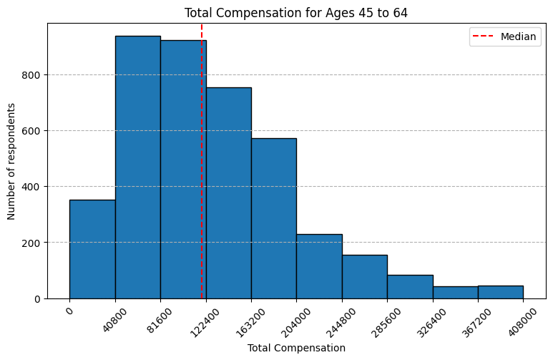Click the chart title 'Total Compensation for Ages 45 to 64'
coord(296,13)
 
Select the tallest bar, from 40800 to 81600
coord(138,167)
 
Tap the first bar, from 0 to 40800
coord(92,249)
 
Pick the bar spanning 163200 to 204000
coord(274,218)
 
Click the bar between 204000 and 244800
coord(319,266)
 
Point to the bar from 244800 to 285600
coord(365,277)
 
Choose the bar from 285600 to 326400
coord(410,286)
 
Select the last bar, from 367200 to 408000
coord(501,292)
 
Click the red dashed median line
coord(202,161)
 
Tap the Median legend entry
coord(504,37)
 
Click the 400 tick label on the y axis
coord(31,187)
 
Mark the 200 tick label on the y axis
coord(31,243)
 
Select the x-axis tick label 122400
coord(205,323)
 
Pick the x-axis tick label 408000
coord(522,323)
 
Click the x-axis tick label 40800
coord(115,321)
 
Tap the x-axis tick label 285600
coord(386,323)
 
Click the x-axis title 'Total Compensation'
coord(296,348)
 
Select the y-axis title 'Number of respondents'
coord(11,161)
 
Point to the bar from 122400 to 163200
coord(229,193)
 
